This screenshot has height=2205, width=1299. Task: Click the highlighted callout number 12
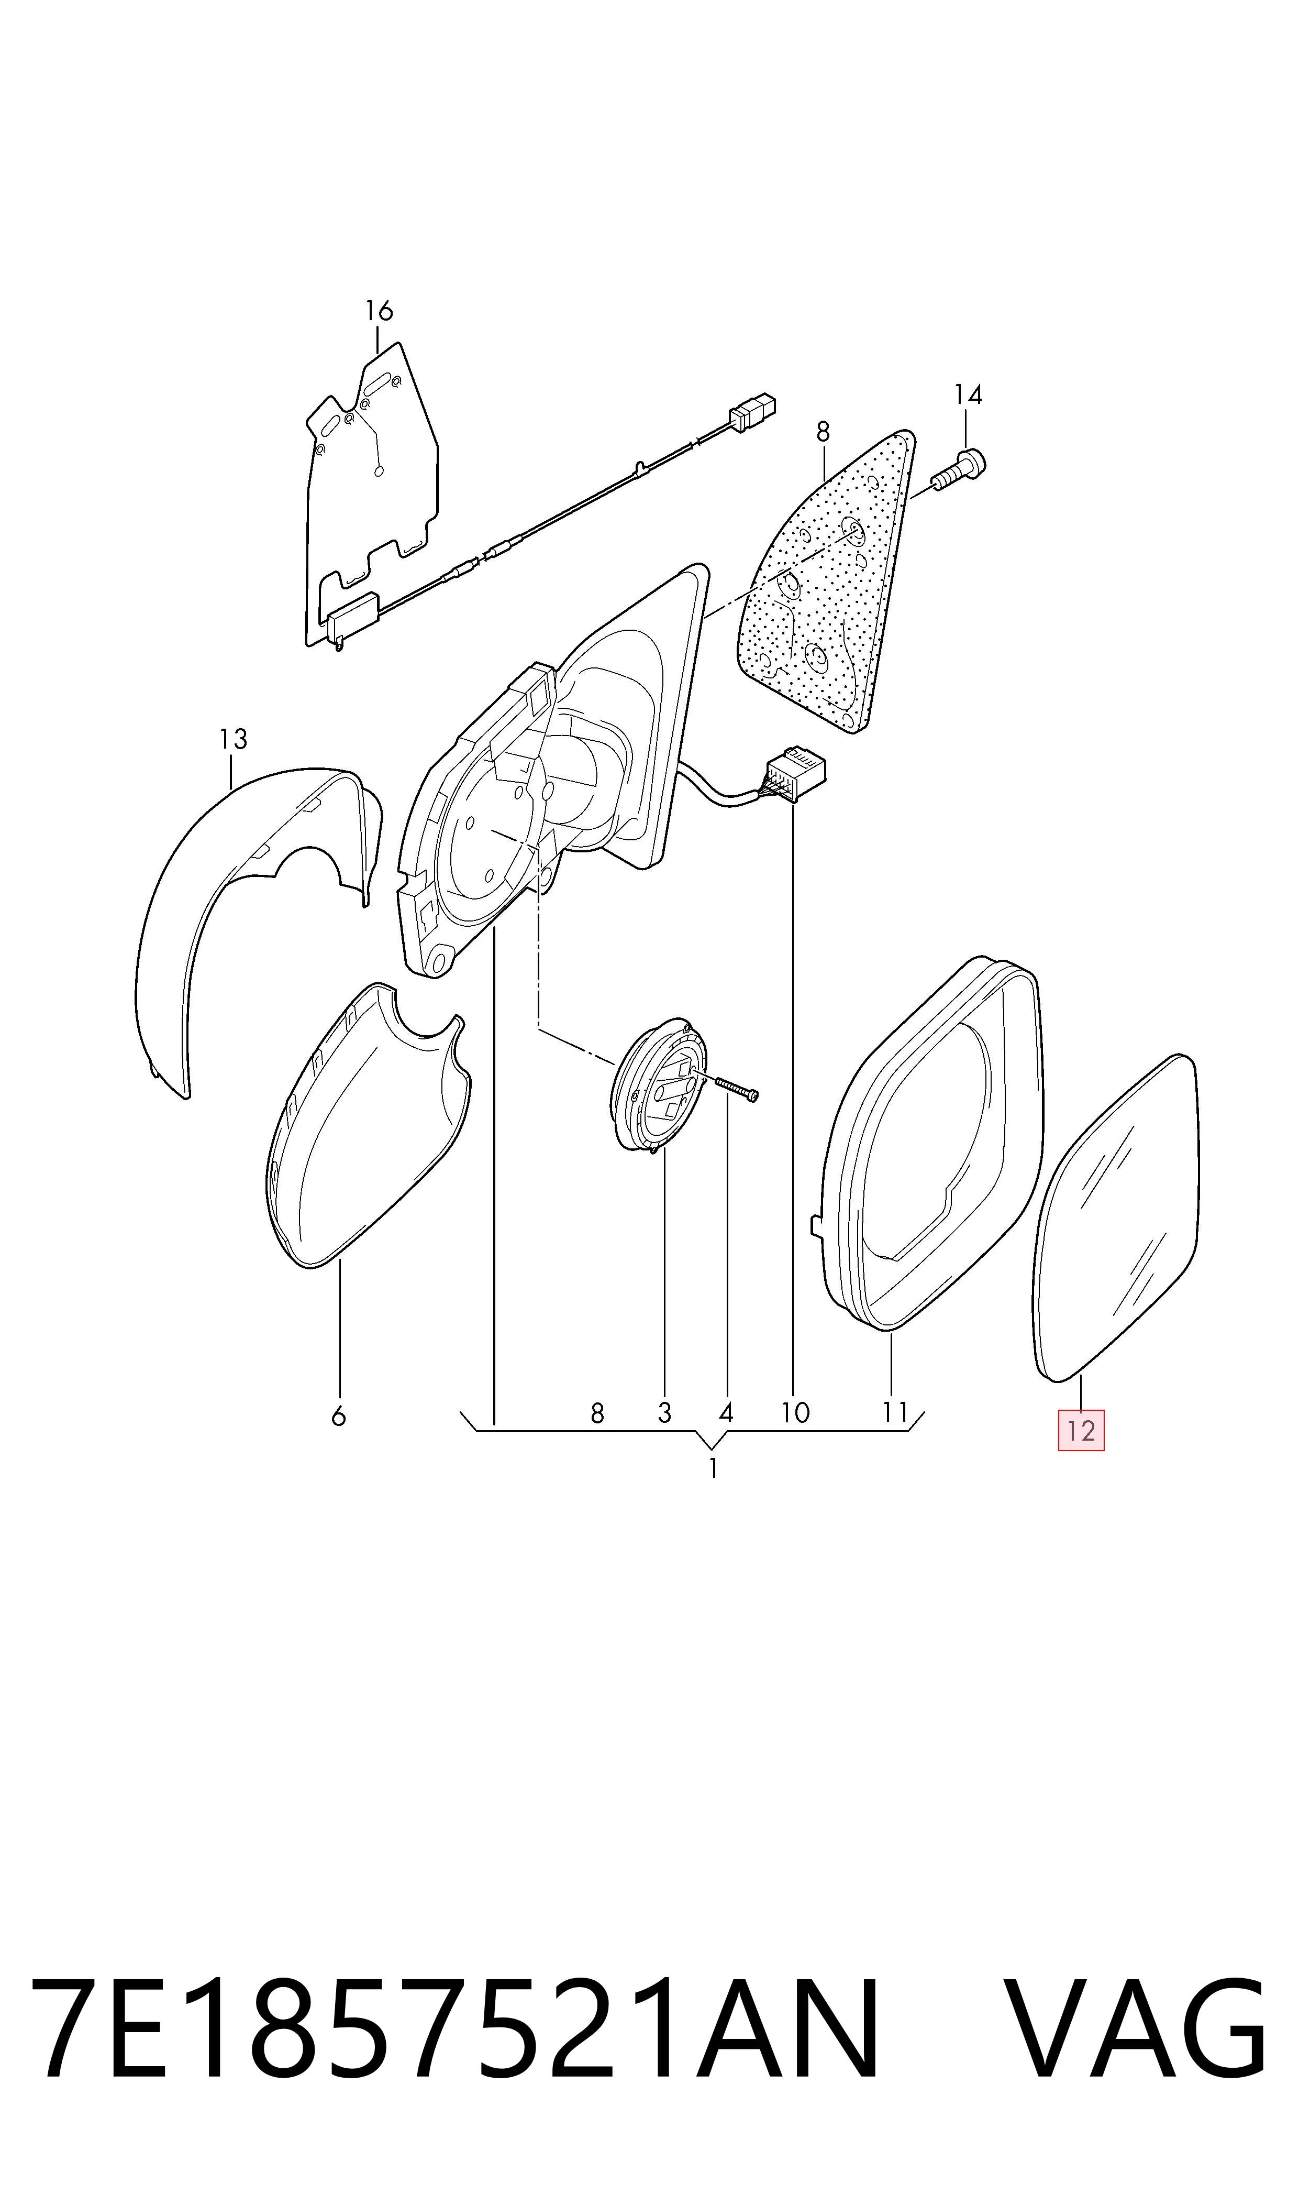coord(1081,1431)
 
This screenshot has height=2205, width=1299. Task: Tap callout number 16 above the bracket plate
coord(379,311)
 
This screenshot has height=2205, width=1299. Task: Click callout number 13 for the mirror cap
coord(234,740)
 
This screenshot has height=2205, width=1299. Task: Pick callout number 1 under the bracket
coord(714,1468)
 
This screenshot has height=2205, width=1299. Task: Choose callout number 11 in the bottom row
coord(895,1412)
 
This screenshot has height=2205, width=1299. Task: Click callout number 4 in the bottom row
coord(726,1412)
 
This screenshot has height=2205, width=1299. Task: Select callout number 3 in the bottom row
coord(664,1412)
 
